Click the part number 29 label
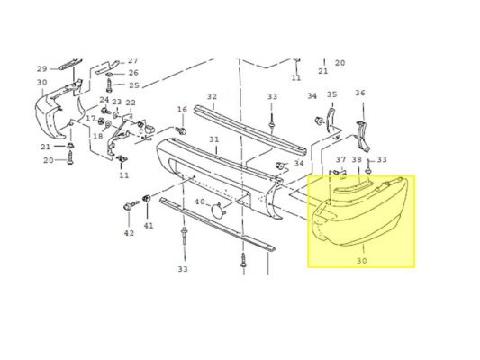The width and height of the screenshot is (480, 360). [x=42, y=68]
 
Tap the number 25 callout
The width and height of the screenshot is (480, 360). [x=134, y=85]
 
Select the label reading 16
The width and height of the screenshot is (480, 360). [x=182, y=110]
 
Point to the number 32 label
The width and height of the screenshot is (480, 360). [x=212, y=97]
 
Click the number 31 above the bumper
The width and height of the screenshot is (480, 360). [x=214, y=139]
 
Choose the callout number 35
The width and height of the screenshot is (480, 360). [x=331, y=94]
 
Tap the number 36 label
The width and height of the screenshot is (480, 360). [x=360, y=93]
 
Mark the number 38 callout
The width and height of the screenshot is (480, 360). [x=357, y=159]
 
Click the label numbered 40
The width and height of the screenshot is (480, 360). [x=200, y=202]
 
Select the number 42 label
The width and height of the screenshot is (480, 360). [x=129, y=233]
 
